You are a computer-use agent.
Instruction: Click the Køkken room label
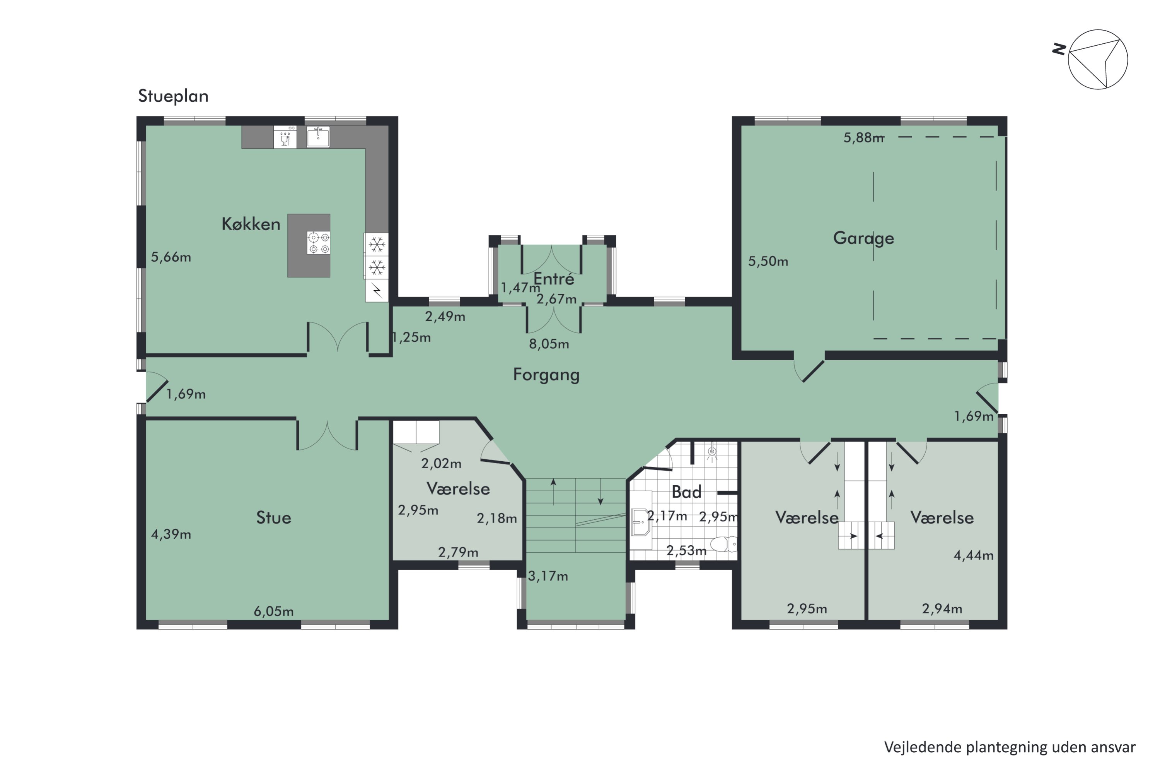251,224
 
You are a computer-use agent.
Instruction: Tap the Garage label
863,238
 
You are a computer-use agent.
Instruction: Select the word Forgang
546,375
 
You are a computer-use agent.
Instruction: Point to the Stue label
273,517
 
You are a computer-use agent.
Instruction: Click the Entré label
553,279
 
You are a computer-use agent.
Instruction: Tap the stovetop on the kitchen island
319,243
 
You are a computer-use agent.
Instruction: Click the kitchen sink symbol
318,137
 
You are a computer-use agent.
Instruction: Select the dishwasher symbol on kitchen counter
285,137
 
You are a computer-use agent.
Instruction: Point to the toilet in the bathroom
723,545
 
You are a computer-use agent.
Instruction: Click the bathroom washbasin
641,522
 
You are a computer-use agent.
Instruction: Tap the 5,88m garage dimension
863,138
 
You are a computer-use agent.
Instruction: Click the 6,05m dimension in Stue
274,611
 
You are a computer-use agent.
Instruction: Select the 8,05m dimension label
549,344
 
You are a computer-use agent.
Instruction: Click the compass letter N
1059,50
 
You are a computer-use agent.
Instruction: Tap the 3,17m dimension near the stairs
548,576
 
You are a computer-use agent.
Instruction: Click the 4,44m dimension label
974,555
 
